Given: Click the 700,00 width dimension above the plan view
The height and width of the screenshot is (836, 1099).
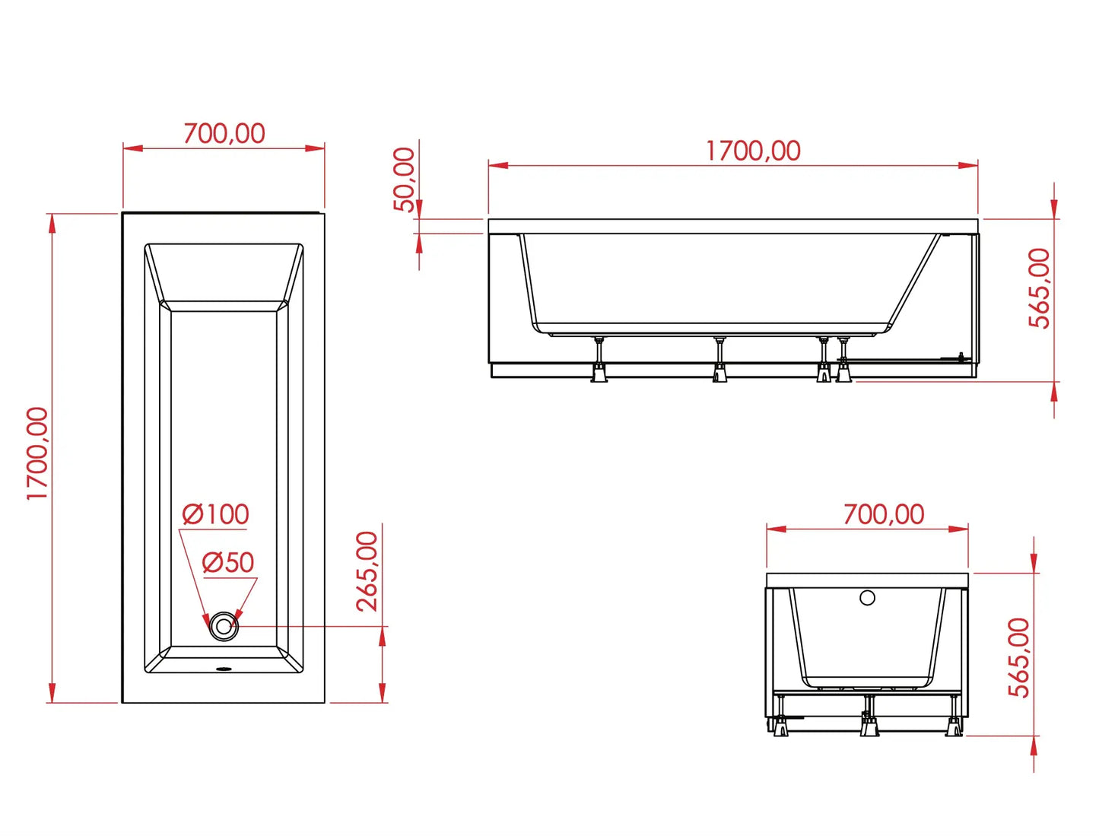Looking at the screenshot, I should pos(224,134).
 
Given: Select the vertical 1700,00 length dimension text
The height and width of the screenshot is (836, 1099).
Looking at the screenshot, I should pos(37,453).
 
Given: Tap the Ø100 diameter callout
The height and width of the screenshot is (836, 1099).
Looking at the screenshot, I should pos(216,514).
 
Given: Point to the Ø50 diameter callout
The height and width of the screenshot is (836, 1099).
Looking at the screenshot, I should pos(228,563).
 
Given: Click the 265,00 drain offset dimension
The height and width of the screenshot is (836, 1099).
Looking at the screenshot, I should pos(367,571).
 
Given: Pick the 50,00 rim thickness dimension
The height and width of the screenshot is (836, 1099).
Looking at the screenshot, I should pos(405,180).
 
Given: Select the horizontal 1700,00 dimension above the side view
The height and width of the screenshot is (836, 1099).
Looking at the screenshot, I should pos(753,151).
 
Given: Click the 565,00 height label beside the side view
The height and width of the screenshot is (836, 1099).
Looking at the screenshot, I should pos(1039,288).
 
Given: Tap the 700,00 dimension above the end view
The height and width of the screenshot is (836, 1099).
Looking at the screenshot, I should pos(884,515).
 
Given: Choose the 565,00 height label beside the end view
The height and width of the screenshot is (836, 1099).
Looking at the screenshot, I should pos(1019,657).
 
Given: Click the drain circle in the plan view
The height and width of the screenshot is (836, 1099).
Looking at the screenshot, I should pos(224,627).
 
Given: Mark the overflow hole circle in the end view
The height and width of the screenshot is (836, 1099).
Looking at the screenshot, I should pos(867,598).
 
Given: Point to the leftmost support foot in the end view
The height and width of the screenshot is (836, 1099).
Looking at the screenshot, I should pos(780,726).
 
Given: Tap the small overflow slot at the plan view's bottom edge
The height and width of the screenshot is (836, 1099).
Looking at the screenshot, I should pos(224,669).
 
